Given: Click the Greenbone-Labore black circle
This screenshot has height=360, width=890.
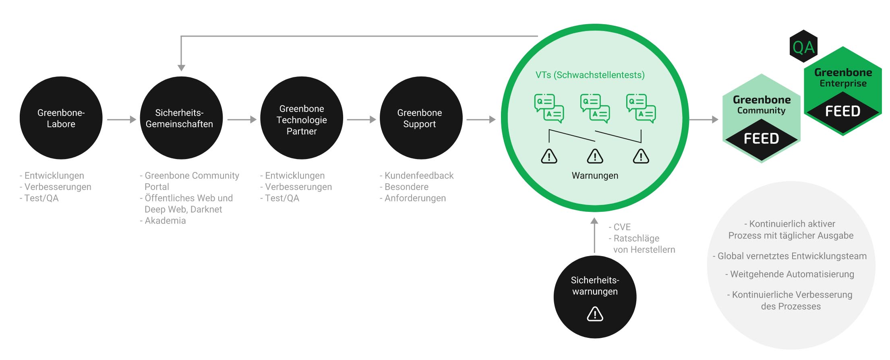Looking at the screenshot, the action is point(61,118).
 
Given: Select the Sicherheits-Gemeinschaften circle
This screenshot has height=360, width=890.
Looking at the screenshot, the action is point(181,118).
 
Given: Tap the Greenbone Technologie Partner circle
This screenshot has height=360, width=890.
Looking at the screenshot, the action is point(302,118).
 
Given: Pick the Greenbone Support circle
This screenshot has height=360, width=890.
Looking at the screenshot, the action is point(421,118).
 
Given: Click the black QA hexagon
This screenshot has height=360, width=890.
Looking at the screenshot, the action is point(803,46).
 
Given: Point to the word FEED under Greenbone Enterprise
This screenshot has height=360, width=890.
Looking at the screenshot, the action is point(843,111).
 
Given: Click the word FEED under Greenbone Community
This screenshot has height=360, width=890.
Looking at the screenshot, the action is point(761,139).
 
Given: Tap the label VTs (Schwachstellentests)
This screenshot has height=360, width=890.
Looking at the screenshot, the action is point(590,75).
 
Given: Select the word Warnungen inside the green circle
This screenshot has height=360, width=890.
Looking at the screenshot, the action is point(595,176).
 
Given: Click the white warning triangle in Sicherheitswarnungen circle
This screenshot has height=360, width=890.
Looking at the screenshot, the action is point(595,314).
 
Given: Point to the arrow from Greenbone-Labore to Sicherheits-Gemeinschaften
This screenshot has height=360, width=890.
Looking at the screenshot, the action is point(122,120).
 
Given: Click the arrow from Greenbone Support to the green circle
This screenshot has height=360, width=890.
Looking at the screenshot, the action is point(481,120).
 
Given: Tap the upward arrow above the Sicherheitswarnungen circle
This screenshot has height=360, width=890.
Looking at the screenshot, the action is point(594,235).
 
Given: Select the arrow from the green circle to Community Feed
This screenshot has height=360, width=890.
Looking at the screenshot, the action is point(704,120).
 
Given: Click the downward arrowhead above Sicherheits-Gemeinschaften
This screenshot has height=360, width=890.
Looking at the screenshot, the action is point(181,68).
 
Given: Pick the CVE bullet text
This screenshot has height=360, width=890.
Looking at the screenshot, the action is point(620,227).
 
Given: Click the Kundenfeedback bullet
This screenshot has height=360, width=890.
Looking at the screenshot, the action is point(416,176).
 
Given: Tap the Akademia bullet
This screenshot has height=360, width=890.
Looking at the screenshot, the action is point(163,221).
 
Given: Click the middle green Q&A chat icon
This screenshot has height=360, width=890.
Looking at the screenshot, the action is point(595,108).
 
